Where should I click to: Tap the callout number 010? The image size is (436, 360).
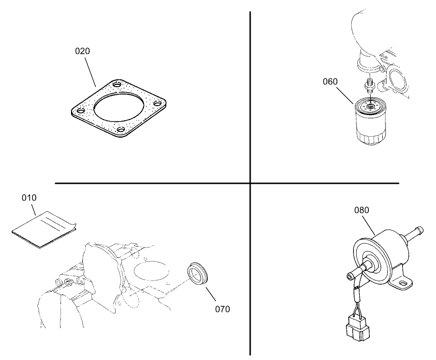click(30, 197)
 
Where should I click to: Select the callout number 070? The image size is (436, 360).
click(222, 309)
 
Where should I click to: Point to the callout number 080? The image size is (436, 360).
click(362, 210)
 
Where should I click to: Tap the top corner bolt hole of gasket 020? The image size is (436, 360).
click(117, 85)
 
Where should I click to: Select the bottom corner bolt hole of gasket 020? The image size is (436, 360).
click(121, 130)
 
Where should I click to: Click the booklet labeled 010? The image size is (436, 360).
click(43, 229)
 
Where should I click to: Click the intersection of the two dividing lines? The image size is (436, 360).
click(250, 183)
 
